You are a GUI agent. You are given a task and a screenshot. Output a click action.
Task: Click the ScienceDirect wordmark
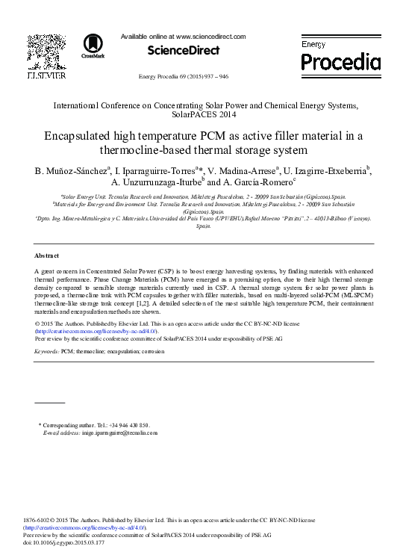(184, 51)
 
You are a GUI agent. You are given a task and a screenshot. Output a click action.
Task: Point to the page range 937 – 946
(213, 78)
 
